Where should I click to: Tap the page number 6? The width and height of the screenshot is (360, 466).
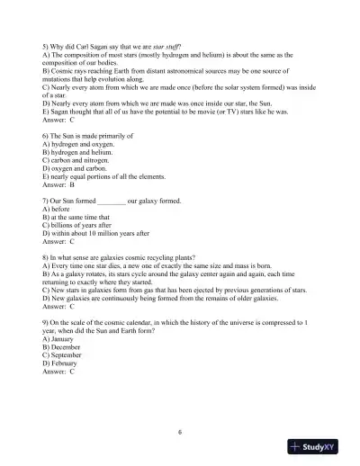[180, 431]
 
